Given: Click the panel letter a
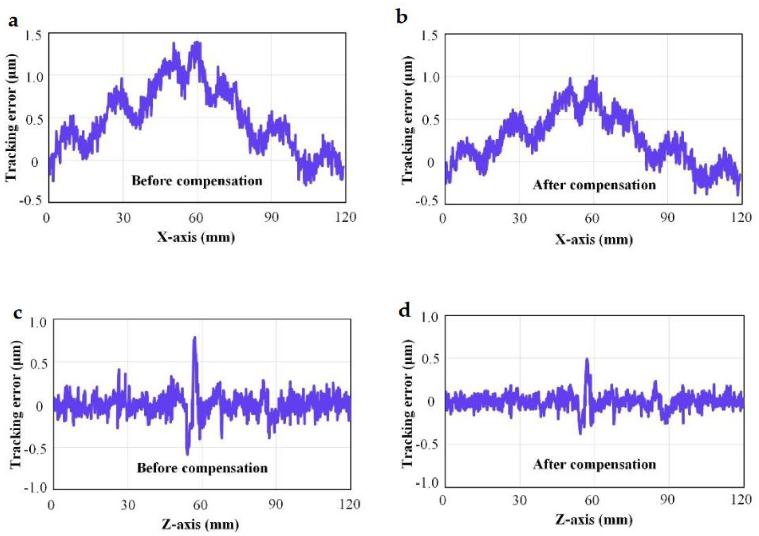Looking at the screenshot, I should (13, 22).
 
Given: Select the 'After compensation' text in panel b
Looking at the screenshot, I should (594, 185).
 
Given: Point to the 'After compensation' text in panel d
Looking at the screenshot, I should (594, 465).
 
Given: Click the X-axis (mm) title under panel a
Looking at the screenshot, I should (196, 237).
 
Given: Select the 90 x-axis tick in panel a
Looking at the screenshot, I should (271, 218).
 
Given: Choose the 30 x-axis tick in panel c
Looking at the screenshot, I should (128, 505).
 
